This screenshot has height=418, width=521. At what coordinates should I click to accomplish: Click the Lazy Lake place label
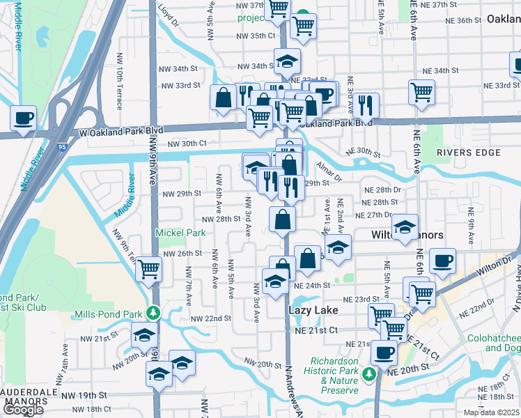coord(313,310)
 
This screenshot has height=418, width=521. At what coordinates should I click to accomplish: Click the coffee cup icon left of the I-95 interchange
coord(23,118)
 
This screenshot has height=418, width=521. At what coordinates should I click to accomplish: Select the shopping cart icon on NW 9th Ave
coord(149,268)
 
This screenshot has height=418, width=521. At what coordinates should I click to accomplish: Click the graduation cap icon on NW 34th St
coord(286,61)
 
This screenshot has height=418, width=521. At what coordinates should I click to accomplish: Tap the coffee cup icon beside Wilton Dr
coord(442,261)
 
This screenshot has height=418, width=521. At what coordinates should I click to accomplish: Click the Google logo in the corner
coord(22,410)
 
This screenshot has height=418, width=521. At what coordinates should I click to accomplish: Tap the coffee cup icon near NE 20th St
coord(384,352)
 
